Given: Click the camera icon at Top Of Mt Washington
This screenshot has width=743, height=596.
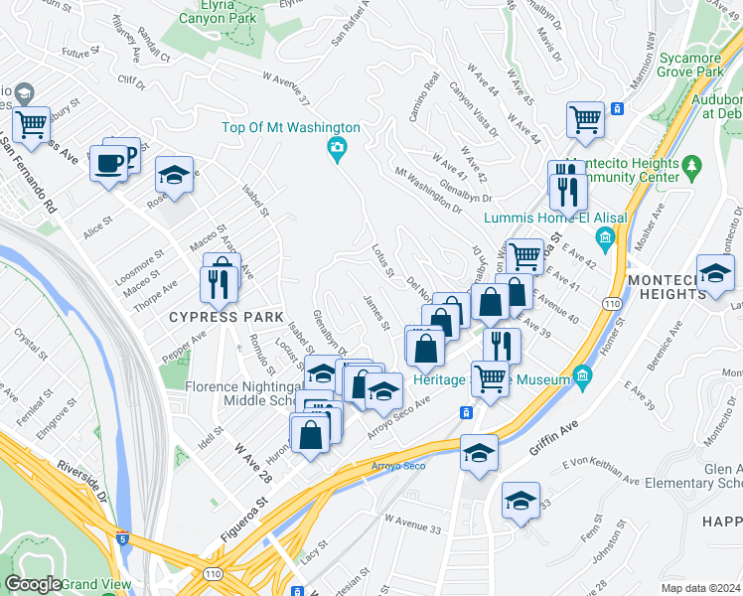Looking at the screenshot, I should click(337, 149).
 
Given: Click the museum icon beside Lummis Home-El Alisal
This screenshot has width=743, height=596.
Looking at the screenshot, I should click(604, 238).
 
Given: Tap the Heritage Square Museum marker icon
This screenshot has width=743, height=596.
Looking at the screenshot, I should click(581, 377).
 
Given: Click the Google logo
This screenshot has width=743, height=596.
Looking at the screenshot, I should click(34, 584).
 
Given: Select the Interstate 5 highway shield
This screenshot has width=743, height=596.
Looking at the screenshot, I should click(121, 539).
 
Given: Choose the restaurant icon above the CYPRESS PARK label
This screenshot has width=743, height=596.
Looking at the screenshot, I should click(217, 285).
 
